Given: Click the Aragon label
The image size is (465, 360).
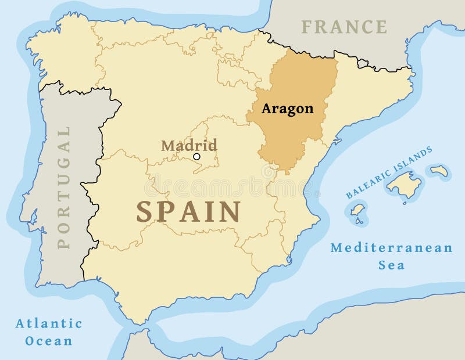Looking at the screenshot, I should pos(287,108).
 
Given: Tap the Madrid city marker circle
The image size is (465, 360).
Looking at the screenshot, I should pos(196,156).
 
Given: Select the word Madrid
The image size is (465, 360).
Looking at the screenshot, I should pos(189,145).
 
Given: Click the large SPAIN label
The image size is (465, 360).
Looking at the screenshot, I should pos(188,212).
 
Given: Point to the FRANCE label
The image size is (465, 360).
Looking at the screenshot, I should pos(344,27).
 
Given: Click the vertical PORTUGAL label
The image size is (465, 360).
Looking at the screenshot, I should pos(64,188).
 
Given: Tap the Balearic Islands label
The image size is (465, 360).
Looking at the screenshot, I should pos(389,172).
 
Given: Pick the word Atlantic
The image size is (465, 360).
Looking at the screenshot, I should pos(49,323).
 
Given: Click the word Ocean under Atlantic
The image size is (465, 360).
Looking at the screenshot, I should pos(49,341).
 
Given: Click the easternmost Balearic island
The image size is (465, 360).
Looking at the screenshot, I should pos(438,171).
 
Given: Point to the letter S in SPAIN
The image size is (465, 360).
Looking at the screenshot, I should pos(144,213).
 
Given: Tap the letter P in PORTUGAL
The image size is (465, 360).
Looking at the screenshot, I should pos(64,243).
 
